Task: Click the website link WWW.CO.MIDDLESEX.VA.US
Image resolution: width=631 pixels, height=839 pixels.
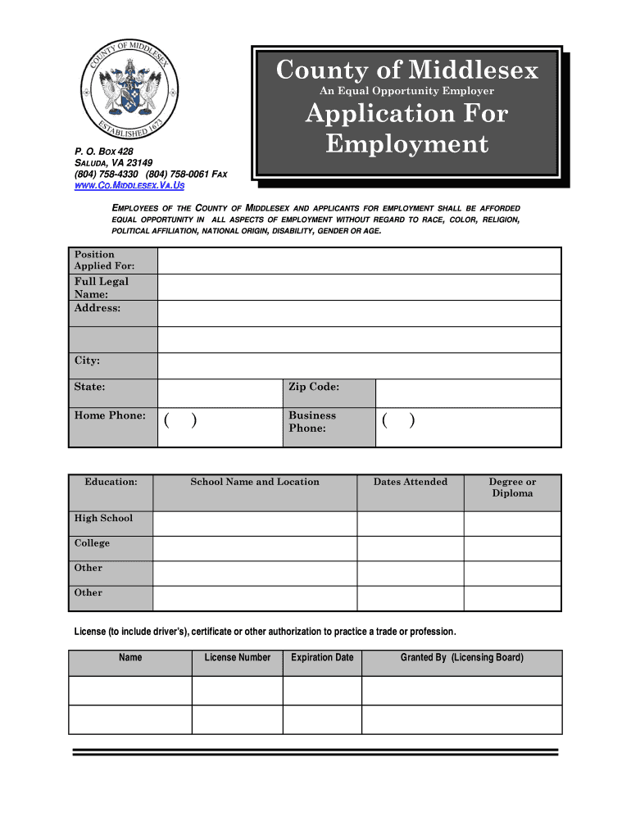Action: (130, 186)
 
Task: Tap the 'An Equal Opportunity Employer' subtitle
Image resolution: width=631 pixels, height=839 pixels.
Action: (406, 90)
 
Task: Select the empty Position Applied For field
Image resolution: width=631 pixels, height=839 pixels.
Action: (359, 261)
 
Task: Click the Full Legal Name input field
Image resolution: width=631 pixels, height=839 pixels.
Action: (359, 287)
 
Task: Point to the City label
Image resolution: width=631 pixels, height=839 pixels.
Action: (87, 361)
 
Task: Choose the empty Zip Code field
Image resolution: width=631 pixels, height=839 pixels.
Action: (468, 393)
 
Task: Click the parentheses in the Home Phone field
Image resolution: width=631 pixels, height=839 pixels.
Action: (179, 421)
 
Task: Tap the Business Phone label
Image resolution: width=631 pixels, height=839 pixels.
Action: (312, 422)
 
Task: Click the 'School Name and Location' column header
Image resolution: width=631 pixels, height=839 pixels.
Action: (255, 482)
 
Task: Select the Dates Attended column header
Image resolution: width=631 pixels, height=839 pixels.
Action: (411, 482)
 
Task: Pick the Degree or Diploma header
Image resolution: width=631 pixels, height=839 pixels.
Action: (512, 488)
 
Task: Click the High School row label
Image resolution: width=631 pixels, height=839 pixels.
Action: (103, 518)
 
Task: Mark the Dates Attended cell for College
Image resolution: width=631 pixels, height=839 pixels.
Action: (411, 548)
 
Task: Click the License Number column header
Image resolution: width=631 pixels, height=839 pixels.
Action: (237, 657)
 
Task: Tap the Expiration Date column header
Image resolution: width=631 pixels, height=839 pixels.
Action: (322, 657)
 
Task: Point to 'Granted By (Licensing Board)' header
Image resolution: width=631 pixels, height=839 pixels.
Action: (461, 657)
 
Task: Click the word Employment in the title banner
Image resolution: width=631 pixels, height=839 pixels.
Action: (406, 145)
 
